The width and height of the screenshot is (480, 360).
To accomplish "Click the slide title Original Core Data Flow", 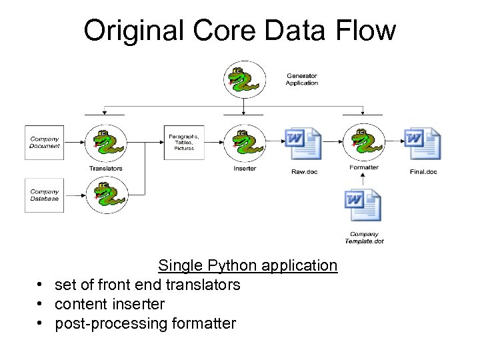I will (x=239, y=30).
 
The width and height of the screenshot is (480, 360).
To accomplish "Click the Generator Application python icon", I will (x=243, y=79).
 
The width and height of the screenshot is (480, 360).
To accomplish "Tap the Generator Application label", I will (x=301, y=79).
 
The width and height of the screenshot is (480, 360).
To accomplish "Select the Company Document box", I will (x=44, y=142).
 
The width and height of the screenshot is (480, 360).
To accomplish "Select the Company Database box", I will (x=44, y=195).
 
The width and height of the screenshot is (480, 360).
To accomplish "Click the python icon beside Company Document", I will (x=105, y=143).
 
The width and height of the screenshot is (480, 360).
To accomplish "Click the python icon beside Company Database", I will (x=105, y=195).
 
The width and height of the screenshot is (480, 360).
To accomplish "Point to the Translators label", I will (x=105, y=169).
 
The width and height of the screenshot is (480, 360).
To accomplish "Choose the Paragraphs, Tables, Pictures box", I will (x=183, y=142).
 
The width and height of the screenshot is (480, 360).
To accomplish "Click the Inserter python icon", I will (x=244, y=143).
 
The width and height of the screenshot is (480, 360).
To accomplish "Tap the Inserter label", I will (x=245, y=169).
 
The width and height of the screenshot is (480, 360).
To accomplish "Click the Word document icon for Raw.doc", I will (x=303, y=144).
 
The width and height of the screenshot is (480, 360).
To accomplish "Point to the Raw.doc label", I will (x=304, y=172).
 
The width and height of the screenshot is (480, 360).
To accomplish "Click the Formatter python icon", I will (x=363, y=143).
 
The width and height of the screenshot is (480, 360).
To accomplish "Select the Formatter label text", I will (x=363, y=167).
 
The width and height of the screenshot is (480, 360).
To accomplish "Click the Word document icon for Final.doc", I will (x=423, y=144).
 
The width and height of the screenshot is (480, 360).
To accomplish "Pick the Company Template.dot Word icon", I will (x=363, y=206).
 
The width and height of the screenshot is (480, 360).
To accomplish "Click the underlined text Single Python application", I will (x=247, y=265).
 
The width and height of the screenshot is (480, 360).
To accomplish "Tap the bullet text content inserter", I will (x=109, y=304).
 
